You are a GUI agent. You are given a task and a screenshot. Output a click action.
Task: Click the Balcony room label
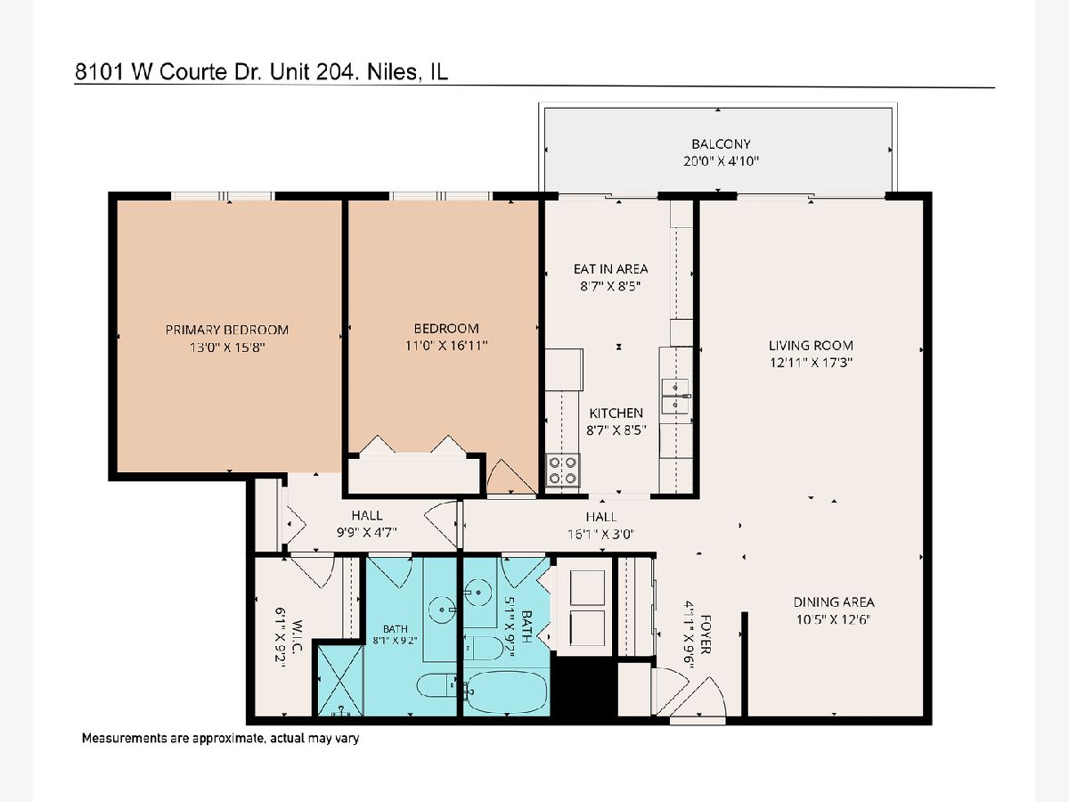click(x=721, y=144)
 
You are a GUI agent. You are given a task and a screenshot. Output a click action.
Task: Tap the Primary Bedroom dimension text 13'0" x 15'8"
click(x=227, y=348)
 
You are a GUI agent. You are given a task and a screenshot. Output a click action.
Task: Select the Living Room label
click(x=811, y=346)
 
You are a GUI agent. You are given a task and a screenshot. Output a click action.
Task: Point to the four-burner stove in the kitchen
click(x=562, y=470)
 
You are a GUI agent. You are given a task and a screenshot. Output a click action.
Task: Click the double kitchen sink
click(x=675, y=397)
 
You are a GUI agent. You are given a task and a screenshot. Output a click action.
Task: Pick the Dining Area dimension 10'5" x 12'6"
click(x=833, y=619)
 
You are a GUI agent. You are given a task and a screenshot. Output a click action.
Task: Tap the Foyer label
click(x=706, y=634)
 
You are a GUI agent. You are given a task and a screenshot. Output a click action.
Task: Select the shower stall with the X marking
click(x=340, y=680)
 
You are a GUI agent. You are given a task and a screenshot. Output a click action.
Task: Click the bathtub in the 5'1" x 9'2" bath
click(x=507, y=691)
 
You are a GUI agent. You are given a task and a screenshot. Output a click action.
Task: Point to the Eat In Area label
click(x=610, y=269)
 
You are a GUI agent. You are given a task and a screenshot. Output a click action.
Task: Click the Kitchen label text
click(x=616, y=413)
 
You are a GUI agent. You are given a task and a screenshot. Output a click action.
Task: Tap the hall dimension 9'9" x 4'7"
click(x=367, y=532)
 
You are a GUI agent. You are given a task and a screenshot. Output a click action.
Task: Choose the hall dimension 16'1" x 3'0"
click(x=601, y=534)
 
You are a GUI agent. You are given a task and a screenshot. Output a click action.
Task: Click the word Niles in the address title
click(x=392, y=72)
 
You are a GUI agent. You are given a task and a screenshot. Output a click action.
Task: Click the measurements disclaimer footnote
click(x=221, y=738)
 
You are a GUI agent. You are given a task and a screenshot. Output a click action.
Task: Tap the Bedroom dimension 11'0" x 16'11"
click(x=446, y=345)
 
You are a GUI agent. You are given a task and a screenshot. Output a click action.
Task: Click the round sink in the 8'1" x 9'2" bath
click(x=442, y=610)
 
